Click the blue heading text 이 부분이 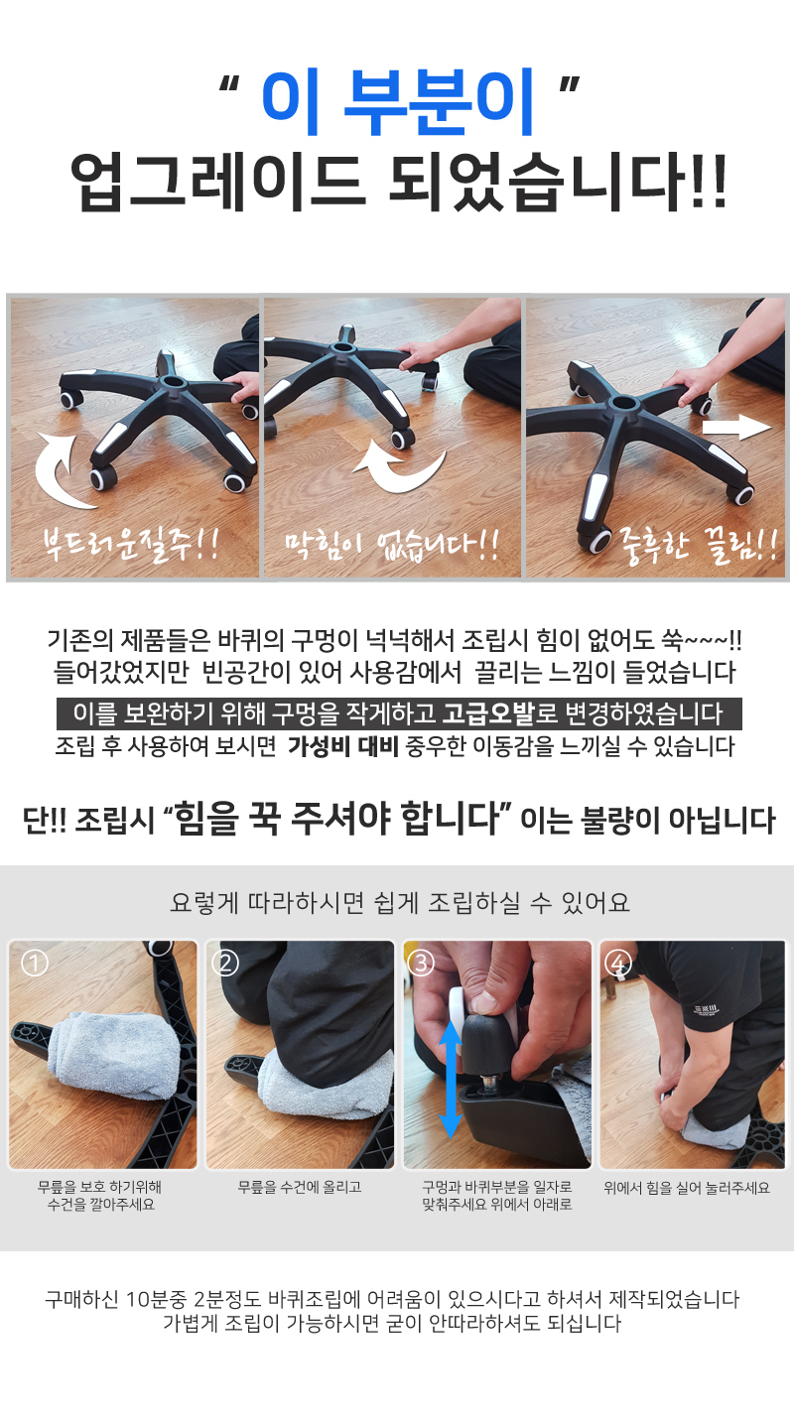click(x=397, y=102)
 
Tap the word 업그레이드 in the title click(x=217, y=182)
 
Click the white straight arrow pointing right click(x=736, y=428)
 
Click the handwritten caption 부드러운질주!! click(x=131, y=545)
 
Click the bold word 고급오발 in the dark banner click(x=488, y=713)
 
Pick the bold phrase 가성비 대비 click(x=342, y=746)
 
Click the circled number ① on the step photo click(x=35, y=963)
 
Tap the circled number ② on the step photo click(x=224, y=963)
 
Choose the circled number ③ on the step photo click(x=421, y=963)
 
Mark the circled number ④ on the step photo click(x=617, y=963)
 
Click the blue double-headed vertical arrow click(x=450, y=1080)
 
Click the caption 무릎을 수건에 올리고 click(x=300, y=1187)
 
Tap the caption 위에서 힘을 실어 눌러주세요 click(x=687, y=1188)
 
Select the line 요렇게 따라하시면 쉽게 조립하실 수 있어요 click(x=400, y=902)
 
